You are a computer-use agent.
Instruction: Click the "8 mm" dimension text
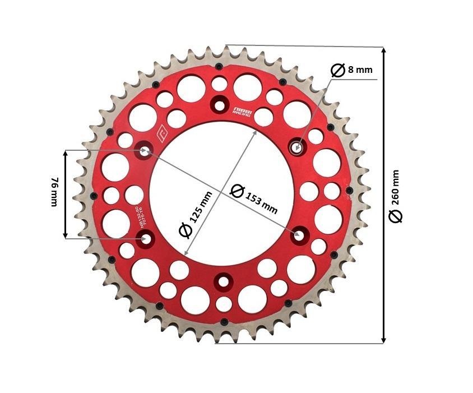tap(360, 70)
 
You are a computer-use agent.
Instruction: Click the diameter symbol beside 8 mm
tap(337, 71)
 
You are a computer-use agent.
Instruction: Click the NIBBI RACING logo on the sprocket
tap(240, 109)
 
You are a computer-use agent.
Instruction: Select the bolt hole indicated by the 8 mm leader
tap(296, 147)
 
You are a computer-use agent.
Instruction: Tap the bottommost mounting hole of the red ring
tap(224, 280)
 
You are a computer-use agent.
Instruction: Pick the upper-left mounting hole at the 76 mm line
tap(146, 150)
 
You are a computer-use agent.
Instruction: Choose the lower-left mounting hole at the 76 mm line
tap(147, 238)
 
